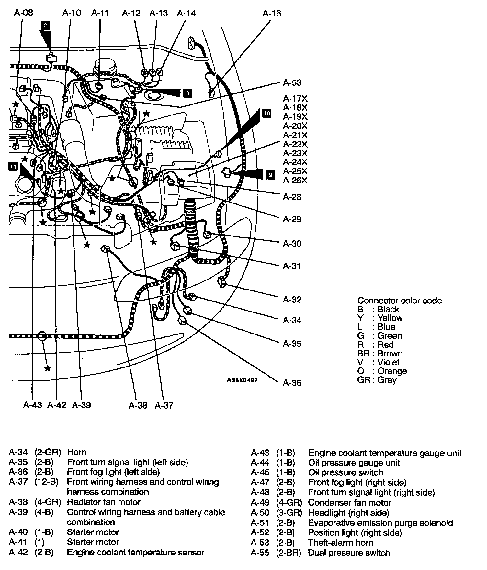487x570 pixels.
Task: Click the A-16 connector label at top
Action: pos(271,14)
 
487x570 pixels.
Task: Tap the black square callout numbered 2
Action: pos(45,25)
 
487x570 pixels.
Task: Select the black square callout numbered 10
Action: pos(267,113)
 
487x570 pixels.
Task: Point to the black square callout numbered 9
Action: pos(270,175)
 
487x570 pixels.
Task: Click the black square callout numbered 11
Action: pos(13,167)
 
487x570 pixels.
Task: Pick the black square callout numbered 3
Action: pos(187,93)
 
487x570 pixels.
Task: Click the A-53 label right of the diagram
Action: pos(292,82)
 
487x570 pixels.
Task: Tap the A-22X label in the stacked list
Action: pos(295,144)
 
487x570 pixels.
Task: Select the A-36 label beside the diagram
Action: pos(292,383)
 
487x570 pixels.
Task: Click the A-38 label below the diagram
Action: pos(138,405)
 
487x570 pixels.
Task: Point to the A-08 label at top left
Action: pos(24,13)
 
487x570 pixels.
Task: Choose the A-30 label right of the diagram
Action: pos(292,244)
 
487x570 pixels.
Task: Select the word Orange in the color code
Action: pos(392,371)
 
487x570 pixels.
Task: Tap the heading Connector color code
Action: pos(399,301)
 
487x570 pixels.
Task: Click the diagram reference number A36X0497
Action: pos(242,380)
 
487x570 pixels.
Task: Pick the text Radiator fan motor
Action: pos(104,502)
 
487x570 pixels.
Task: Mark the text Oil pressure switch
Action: pos(345,472)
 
